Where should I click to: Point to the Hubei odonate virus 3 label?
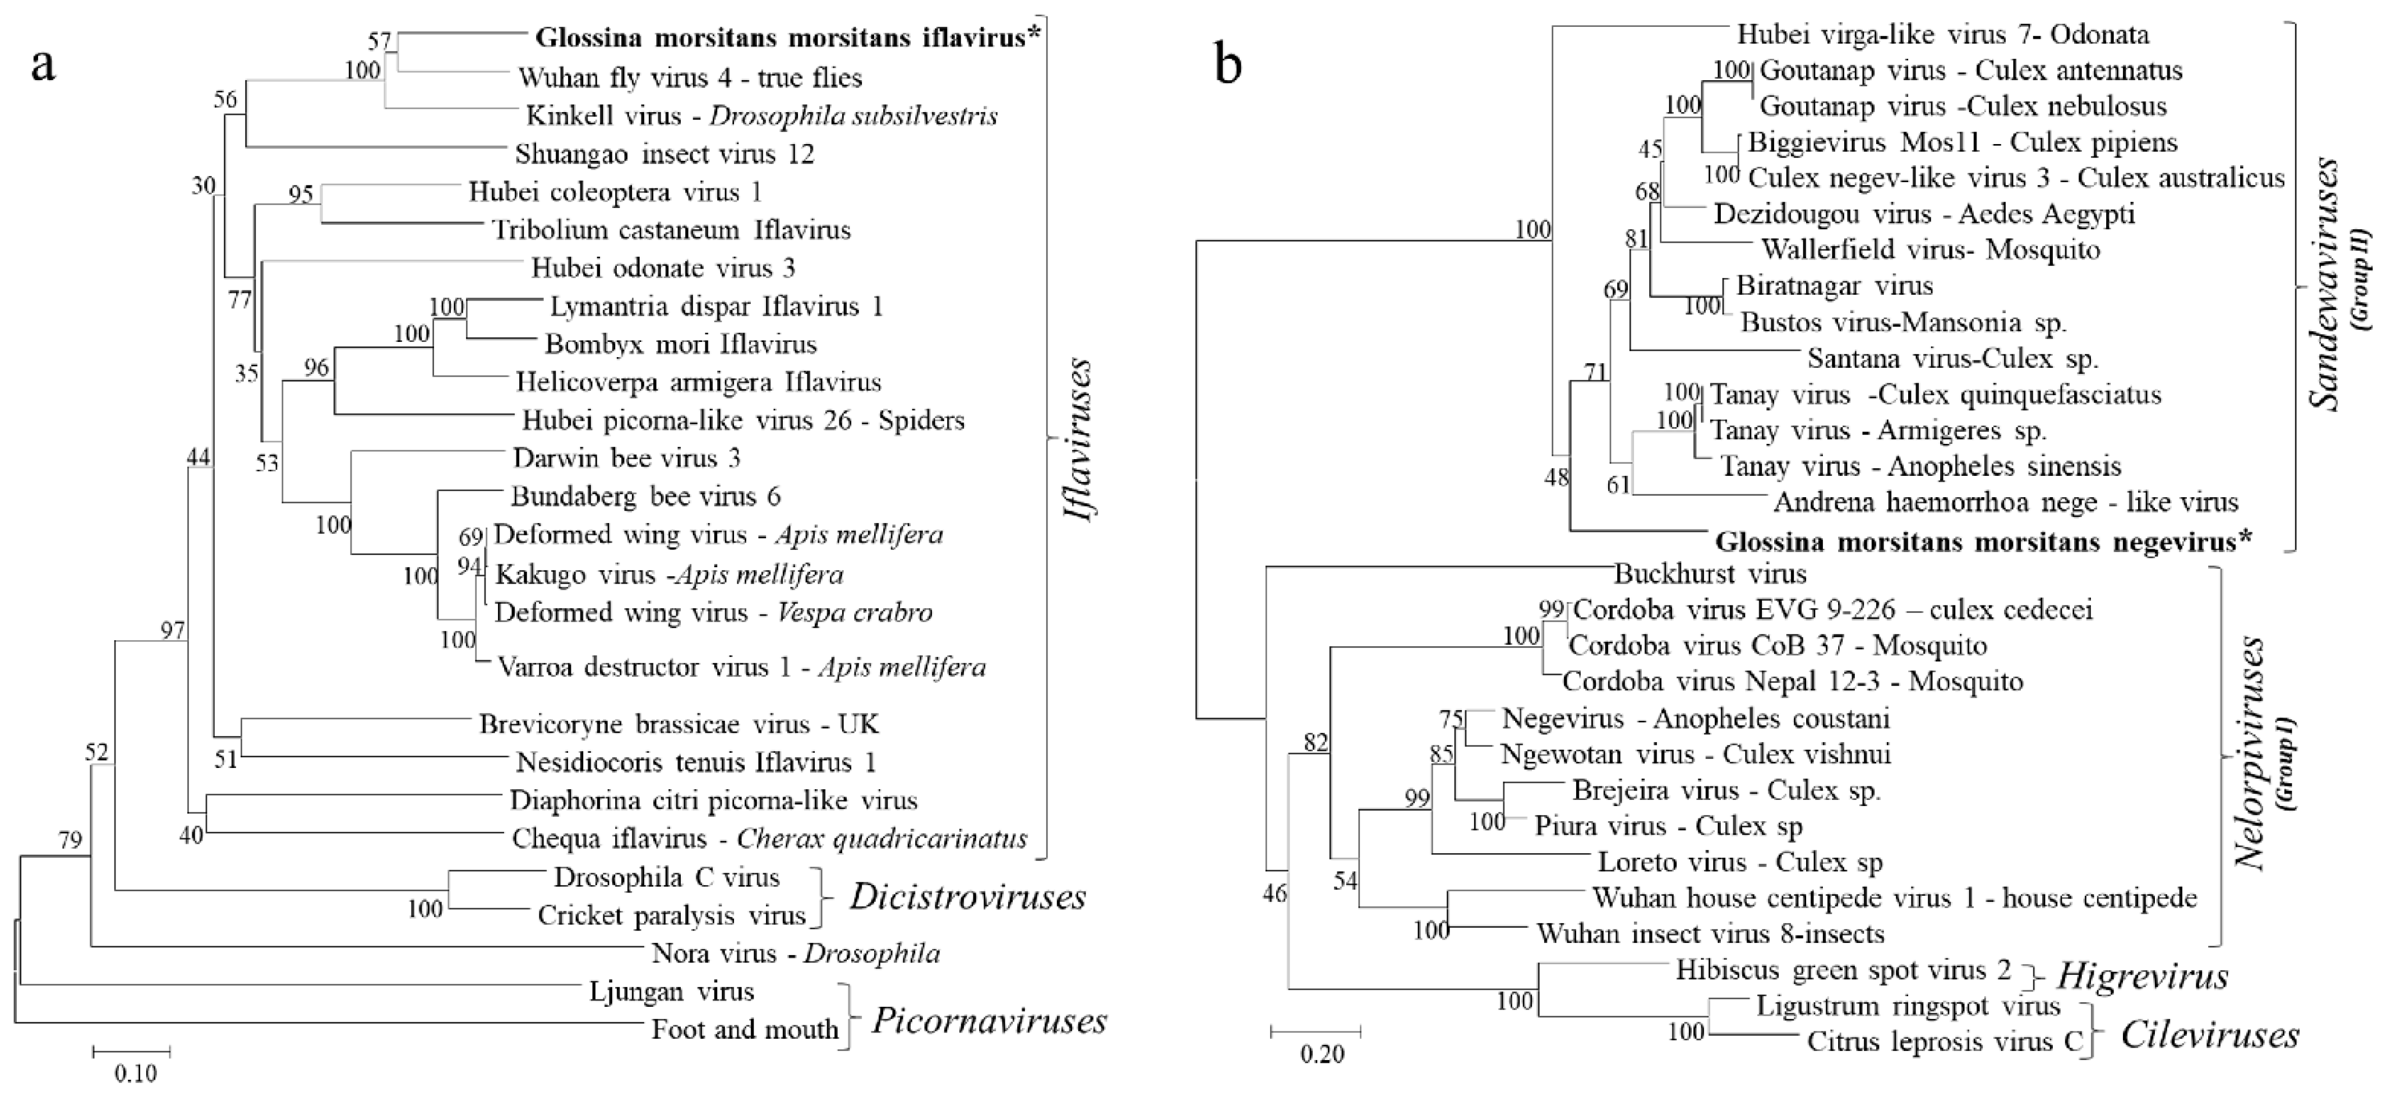click(x=663, y=268)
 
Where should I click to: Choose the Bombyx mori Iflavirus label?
click(x=681, y=345)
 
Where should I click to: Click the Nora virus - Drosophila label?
click(x=795, y=953)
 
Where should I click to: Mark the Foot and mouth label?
click(x=745, y=1029)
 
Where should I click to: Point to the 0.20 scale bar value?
click(x=1322, y=1054)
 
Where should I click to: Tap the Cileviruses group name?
click(x=2209, y=1035)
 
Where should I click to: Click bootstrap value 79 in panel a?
click(x=70, y=840)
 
